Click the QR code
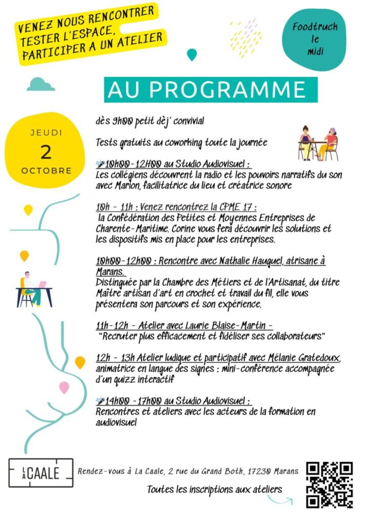[329, 485]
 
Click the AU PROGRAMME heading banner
[211, 90]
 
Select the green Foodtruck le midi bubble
[315, 39]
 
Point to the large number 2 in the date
[46, 152]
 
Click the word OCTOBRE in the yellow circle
[47, 170]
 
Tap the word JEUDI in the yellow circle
[47, 133]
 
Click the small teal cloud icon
[40, 84]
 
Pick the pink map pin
[64, 387]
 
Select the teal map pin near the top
[192, 54]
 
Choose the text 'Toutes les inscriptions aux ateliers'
[214, 489]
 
